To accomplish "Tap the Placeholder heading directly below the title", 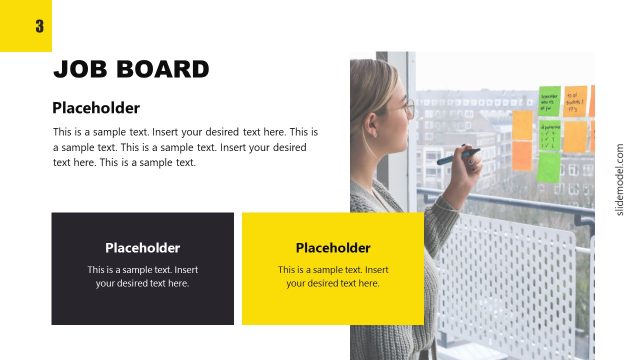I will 96,108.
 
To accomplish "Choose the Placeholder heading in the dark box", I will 142,248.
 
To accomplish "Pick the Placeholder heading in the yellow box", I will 333,248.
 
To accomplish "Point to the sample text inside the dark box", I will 142,276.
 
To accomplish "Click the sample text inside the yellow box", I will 333,276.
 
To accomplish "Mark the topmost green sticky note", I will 549,101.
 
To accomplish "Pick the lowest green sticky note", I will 548,167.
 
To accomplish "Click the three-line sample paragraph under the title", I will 185,147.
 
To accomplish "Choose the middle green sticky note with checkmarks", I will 550,136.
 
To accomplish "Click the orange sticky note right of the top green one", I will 576,101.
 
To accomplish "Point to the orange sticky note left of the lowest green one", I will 522,155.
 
